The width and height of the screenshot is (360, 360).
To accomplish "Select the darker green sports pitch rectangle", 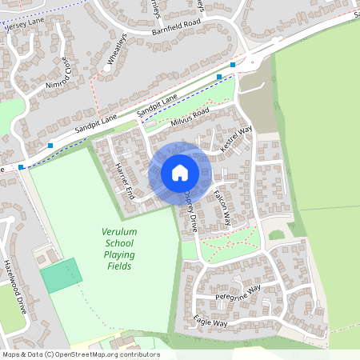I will (x=61, y=275).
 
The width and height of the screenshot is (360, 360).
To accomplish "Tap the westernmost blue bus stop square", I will (x=22, y=166).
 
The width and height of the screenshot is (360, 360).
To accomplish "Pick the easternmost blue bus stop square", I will (x=233, y=64).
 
